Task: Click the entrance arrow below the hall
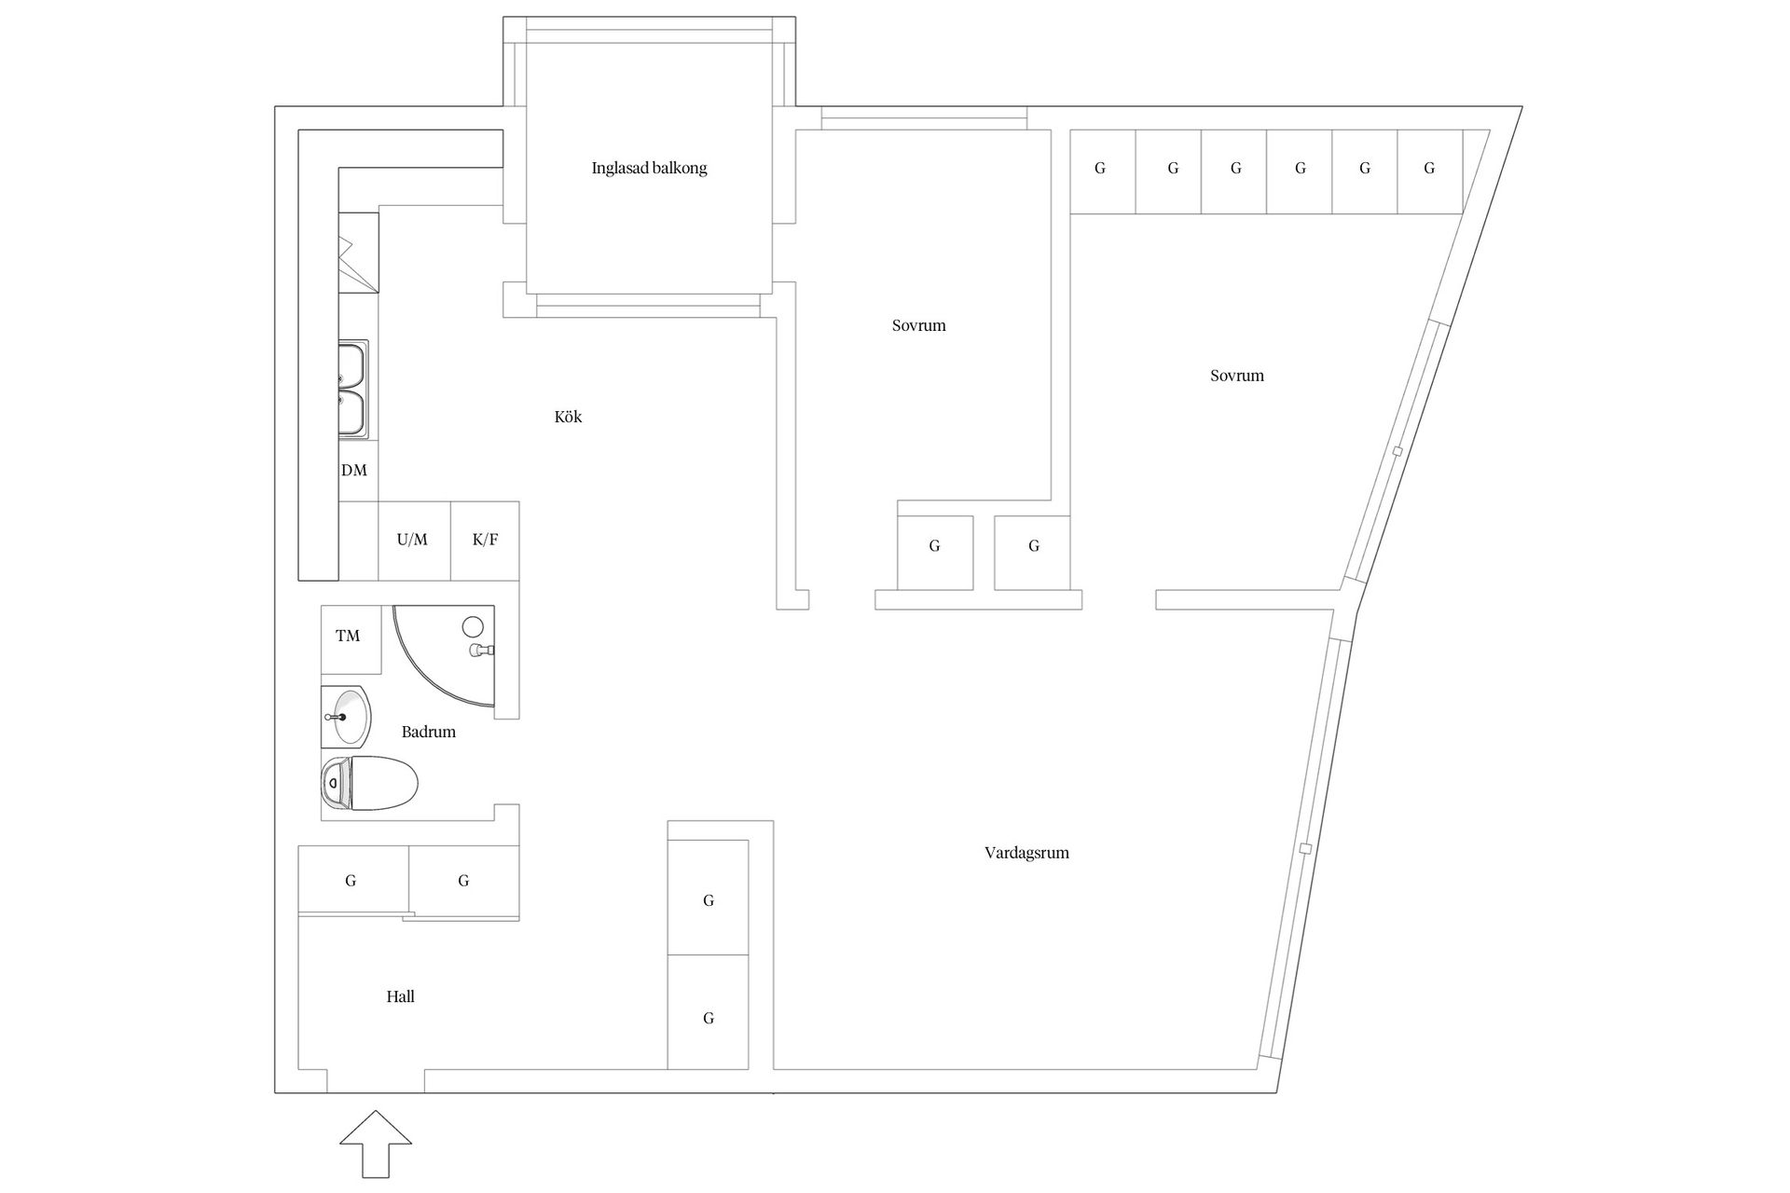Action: point(376,1145)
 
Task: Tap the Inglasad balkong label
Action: point(650,169)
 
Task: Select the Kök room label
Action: point(568,417)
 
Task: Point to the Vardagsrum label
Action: point(1026,853)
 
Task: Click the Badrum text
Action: point(429,732)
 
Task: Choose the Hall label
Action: point(401,996)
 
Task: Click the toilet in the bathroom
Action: point(369,783)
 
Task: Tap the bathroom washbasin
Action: point(346,717)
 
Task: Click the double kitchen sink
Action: point(353,390)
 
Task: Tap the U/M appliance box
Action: point(413,540)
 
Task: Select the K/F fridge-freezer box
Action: point(485,540)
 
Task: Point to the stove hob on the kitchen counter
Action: point(359,254)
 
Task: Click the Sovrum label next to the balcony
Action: point(918,325)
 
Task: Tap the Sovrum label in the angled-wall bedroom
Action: point(1237,376)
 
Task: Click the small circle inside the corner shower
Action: point(474,626)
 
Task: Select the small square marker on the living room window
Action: point(1305,848)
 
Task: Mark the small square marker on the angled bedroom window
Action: point(1397,452)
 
